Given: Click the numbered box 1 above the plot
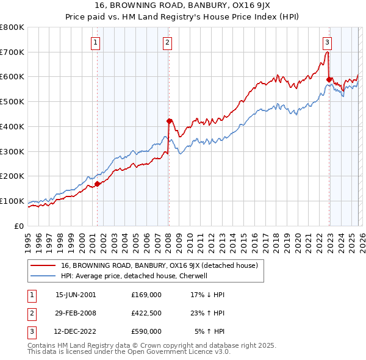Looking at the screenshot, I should (96, 42).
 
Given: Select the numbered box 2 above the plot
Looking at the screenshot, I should (167, 42).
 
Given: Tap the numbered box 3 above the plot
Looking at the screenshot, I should (328, 42).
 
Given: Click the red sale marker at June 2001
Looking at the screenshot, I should (98, 183).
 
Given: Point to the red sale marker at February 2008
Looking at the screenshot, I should (170, 121).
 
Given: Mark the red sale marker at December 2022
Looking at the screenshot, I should (329, 79).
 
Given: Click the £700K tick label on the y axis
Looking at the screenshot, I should (12, 52).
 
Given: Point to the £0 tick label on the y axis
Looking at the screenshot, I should (19, 226).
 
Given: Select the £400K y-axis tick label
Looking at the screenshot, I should (12, 126).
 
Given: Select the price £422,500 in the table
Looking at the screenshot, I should (146, 314).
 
